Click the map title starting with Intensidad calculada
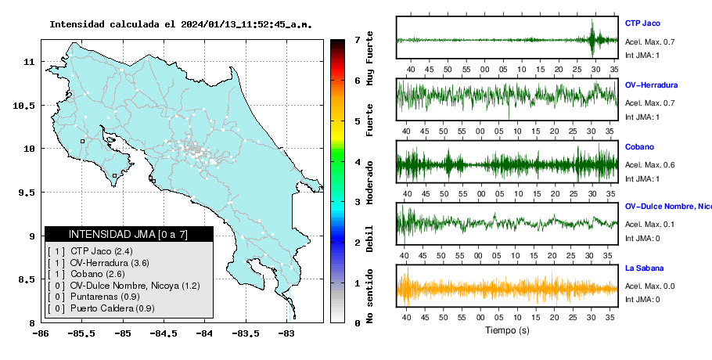pyautogui.click(x=181, y=24)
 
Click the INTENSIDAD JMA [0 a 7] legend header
pyautogui.click(x=128, y=234)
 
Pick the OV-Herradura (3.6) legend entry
pyautogui.click(x=110, y=262)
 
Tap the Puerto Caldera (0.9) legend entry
pyautogui.click(x=112, y=308)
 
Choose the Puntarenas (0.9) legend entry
pyautogui.click(x=105, y=297)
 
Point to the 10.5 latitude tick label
pyautogui.click(x=23, y=106)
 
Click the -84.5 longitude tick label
pyautogui.click(x=164, y=334)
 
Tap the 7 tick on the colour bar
pyautogui.click(x=358, y=40)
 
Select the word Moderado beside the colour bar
pyautogui.click(x=369, y=182)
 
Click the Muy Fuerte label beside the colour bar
pyautogui.click(x=369, y=58)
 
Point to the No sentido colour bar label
pyautogui.click(x=369, y=296)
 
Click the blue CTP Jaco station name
pyautogui.click(x=642, y=23)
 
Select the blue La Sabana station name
pyautogui.click(x=645, y=268)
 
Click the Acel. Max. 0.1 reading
pyautogui.click(x=649, y=225)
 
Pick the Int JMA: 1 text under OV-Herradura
pyautogui.click(x=642, y=117)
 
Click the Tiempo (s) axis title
pyautogui.click(x=507, y=330)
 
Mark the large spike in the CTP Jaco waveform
pyautogui.click(x=592, y=38)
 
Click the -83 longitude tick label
pyautogui.click(x=286, y=334)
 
